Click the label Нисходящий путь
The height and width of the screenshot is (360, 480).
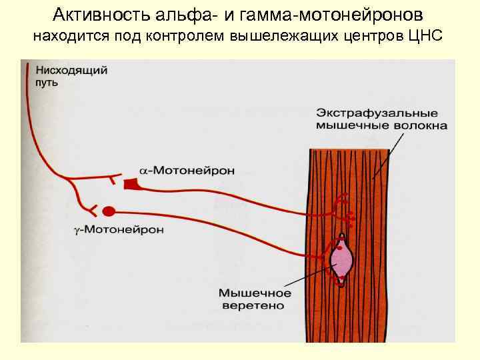coord(64,76)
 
